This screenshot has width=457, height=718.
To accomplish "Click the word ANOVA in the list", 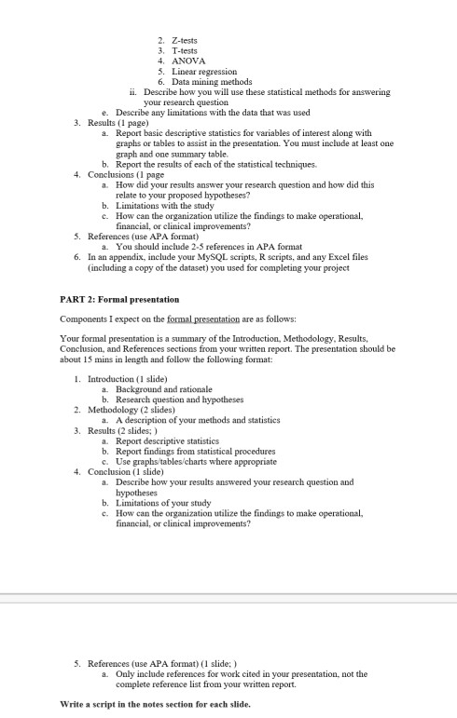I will coord(190,61).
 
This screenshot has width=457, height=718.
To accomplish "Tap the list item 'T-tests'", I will coord(184,50).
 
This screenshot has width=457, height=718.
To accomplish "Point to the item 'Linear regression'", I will coord(204,71).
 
